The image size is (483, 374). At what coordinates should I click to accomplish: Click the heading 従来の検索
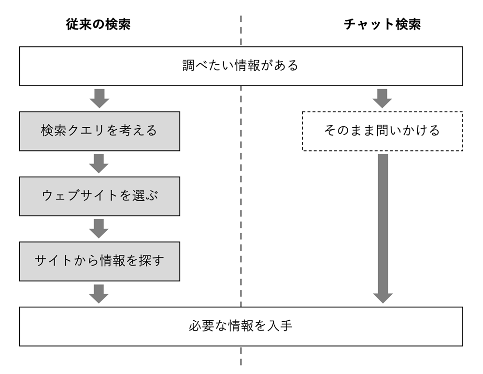coord(98,25)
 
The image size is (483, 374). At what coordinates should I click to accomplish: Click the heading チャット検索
coord(382,25)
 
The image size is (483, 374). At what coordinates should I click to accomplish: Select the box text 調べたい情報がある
coord(241,66)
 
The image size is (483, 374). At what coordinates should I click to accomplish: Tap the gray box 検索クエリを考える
coord(99,131)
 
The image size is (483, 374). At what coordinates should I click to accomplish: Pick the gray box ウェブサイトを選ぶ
coord(99,195)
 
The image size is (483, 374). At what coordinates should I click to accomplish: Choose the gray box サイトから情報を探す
coord(99,261)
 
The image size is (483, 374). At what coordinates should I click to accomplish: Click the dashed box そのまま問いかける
coord(382,131)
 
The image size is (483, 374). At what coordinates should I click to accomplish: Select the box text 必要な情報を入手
coord(241,326)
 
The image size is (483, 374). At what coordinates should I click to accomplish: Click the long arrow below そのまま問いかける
coord(383,227)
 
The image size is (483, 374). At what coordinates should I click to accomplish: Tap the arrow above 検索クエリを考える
coord(99,98)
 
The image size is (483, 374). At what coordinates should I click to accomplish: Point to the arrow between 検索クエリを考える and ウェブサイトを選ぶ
coord(99,164)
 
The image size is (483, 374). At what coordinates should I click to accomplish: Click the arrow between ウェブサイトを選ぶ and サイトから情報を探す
coord(99,228)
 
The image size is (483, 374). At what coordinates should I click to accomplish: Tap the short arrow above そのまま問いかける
coord(383,98)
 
